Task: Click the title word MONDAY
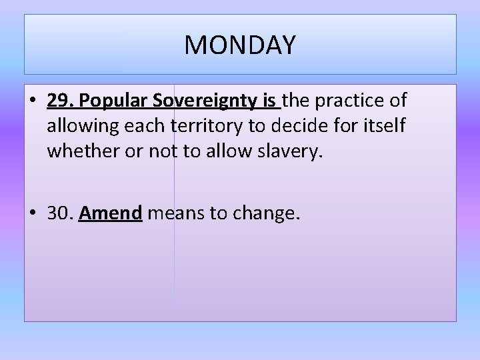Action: pos(240,45)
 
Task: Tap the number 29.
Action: pos(61,101)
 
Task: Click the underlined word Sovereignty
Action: pos(207,101)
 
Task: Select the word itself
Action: pos(387,126)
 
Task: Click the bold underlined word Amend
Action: pos(111,213)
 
